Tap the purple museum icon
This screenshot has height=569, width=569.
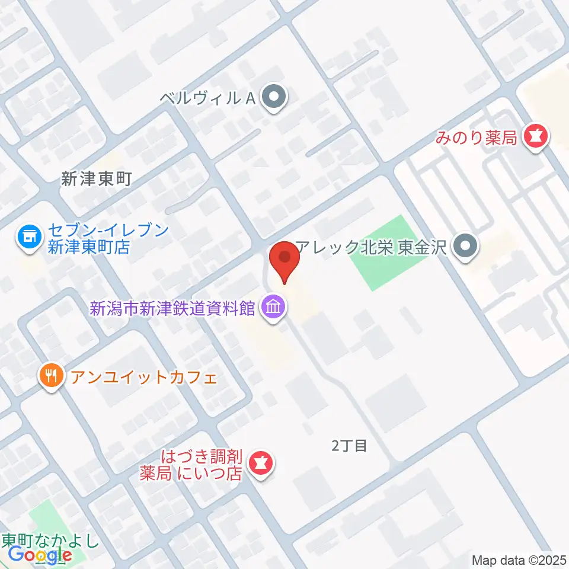[274, 308]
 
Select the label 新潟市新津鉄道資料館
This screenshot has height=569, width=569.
[172, 308]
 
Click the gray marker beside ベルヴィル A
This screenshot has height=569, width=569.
[274, 98]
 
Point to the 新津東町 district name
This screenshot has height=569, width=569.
[95, 179]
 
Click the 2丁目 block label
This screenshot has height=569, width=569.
[349, 446]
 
